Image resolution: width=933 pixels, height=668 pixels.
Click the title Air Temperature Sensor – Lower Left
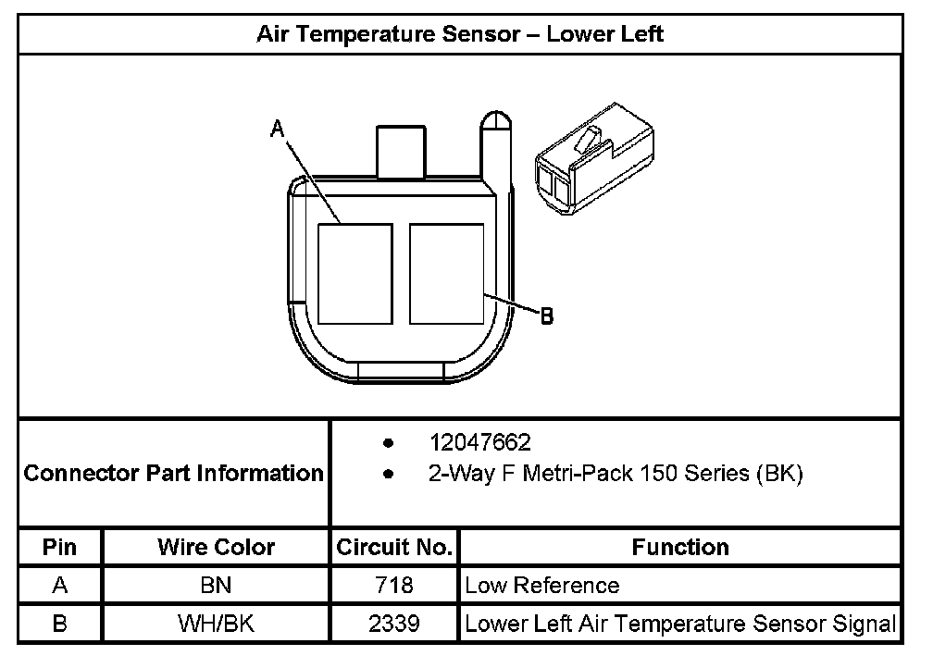pos(460,35)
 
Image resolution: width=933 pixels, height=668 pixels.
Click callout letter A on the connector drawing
pos(276,130)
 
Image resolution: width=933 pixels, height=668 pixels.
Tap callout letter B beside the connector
pos(547,316)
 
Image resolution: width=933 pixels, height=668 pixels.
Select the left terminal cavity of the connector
pos(355,274)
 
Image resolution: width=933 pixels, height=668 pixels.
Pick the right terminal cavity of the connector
pos(447,274)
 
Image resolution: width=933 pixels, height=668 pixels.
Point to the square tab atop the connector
pos(400,149)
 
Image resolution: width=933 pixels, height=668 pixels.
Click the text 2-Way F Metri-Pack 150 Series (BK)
pos(616,475)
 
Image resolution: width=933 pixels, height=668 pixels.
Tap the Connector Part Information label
pos(174,474)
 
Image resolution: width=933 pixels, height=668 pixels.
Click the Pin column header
pos(59,547)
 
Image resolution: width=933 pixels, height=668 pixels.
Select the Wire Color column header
pos(216,547)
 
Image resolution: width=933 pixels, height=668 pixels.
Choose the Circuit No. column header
pos(394,547)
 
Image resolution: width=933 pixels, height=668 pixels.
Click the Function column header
pos(680,547)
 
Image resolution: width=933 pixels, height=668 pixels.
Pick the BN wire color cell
pos(216,586)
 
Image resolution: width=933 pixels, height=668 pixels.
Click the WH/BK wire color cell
pos(216,624)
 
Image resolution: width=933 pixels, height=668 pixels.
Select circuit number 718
pos(394,586)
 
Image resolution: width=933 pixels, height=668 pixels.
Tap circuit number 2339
pos(394,624)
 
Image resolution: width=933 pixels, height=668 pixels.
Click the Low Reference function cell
pos(542,586)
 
